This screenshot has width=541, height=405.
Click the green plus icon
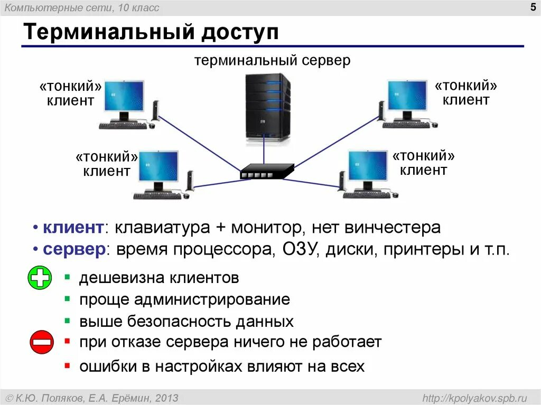pos(40,278)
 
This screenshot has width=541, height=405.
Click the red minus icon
pos(41,342)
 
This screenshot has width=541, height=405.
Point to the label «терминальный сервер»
pos(272,61)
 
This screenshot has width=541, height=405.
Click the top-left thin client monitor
pos(124,97)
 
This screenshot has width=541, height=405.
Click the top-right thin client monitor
pos(407,96)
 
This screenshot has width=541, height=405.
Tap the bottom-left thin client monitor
pos(159,167)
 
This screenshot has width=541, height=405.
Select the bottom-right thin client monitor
pos(368,166)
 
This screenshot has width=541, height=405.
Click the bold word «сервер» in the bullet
pos(74,249)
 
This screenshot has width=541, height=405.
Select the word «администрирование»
pos(211,300)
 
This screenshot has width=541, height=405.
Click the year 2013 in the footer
pos(167,398)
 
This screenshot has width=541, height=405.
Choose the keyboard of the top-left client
pos(124,125)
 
